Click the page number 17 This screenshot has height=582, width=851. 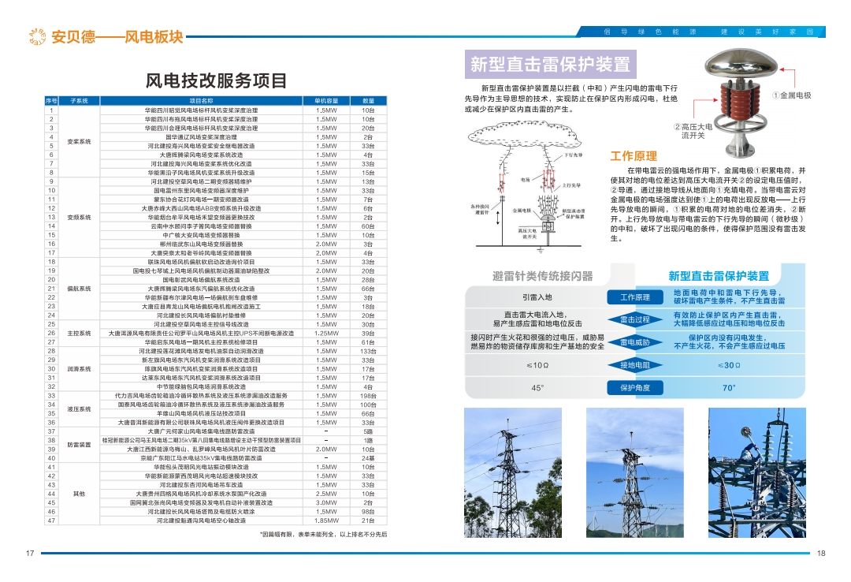click(30, 552)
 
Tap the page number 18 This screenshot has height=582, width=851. click(821, 552)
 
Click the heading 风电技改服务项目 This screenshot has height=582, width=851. click(217, 80)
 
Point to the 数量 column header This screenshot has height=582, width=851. click(368, 101)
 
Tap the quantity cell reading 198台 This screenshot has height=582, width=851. click(368, 395)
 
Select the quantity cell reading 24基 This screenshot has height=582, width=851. click(368, 458)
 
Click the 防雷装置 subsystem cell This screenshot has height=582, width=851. click(80, 445)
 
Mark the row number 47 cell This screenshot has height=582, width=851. click(51, 520)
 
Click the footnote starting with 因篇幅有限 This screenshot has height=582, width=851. click(323, 534)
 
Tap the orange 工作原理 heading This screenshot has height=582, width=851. click(634, 156)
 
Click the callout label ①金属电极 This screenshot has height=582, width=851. click(791, 95)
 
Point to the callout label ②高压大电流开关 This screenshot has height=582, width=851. click(693, 131)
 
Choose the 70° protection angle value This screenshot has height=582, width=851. click(729, 388)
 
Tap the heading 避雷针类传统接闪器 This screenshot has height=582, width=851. click(542, 276)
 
